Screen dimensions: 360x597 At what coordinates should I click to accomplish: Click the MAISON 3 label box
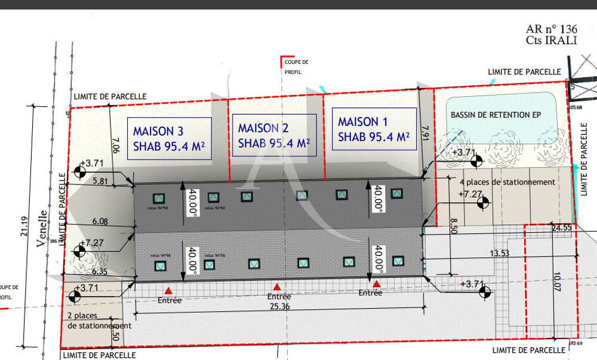click(170, 139)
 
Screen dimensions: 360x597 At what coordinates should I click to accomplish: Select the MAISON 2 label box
click(273, 136)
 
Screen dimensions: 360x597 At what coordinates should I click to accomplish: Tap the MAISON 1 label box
click(374, 129)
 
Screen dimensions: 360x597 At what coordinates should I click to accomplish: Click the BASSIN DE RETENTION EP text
click(496, 115)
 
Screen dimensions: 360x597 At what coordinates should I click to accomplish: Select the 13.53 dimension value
click(499, 253)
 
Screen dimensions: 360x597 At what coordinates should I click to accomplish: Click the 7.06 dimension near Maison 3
click(116, 146)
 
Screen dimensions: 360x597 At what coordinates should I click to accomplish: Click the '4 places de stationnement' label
click(507, 181)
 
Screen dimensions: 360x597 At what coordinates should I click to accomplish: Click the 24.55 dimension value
click(561, 228)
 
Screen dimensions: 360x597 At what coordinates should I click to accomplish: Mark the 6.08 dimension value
click(100, 221)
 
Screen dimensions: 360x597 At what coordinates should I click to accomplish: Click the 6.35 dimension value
click(99, 271)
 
